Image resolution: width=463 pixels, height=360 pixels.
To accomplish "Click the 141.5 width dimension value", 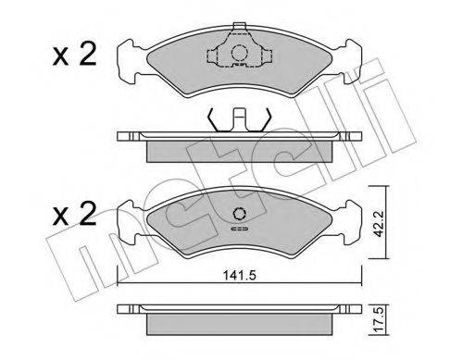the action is tap(240, 276).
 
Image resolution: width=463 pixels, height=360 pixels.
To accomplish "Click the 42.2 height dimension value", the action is tap(378, 224).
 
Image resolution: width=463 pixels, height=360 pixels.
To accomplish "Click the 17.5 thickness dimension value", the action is tap(378, 319).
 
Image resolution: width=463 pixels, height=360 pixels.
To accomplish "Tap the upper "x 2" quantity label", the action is tap(75, 55).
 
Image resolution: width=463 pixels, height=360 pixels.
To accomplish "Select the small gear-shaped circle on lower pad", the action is tap(240, 214).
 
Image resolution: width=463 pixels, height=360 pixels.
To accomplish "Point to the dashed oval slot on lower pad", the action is tap(240, 230).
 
